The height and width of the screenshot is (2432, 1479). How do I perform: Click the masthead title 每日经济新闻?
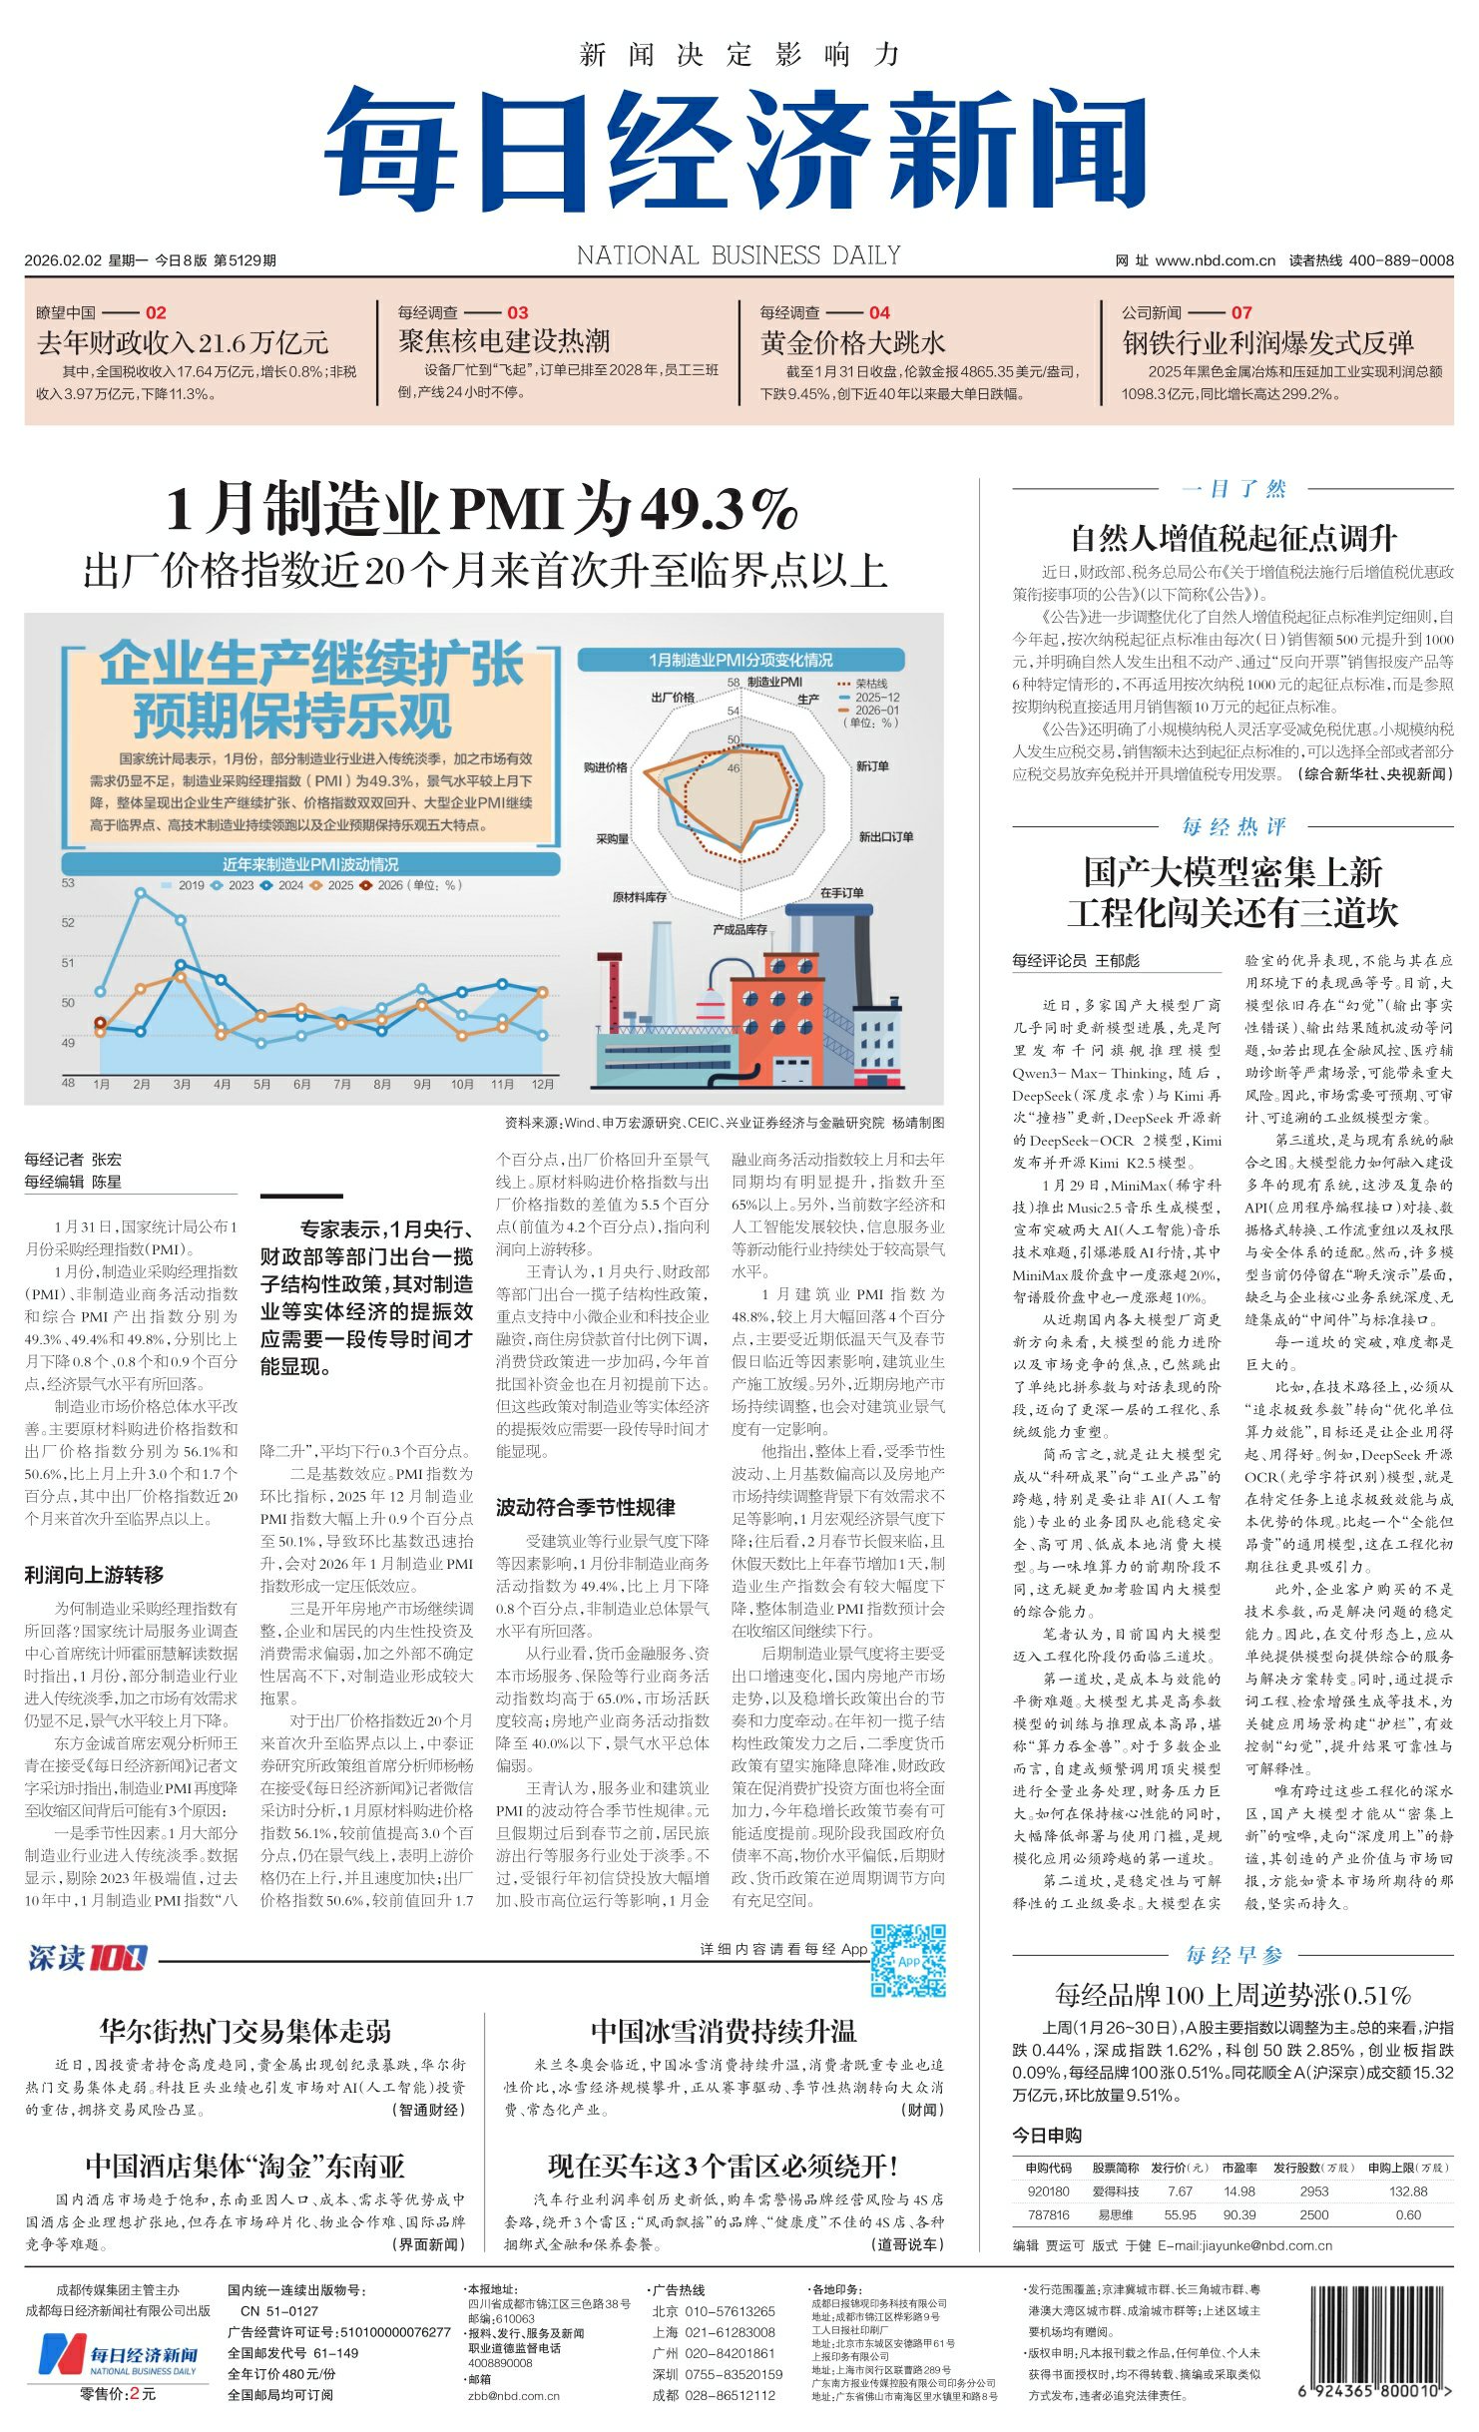(x=736, y=149)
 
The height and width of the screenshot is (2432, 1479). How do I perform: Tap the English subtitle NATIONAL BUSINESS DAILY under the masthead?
(x=739, y=256)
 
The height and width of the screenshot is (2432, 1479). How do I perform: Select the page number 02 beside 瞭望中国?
(x=156, y=312)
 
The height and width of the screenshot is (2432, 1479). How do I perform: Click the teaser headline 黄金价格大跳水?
(x=851, y=343)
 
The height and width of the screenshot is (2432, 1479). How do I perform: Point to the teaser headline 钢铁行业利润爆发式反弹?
(x=1267, y=343)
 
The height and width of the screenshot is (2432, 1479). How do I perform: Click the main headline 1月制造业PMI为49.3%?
(x=481, y=509)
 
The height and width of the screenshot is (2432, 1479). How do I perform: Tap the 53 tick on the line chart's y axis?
(x=68, y=883)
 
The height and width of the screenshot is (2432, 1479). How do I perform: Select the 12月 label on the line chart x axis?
(x=542, y=1084)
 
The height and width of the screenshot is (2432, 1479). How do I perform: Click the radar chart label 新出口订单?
(x=885, y=836)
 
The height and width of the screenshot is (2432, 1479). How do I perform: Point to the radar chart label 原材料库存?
(x=639, y=897)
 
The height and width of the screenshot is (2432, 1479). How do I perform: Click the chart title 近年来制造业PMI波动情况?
(x=309, y=864)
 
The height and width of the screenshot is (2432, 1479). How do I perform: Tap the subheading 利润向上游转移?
(x=94, y=1575)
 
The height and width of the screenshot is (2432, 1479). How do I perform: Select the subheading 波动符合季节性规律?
(x=585, y=1508)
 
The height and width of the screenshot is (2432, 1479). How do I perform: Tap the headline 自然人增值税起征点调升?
(x=1232, y=539)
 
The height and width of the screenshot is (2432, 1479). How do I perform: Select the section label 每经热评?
(x=1233, y=826)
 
